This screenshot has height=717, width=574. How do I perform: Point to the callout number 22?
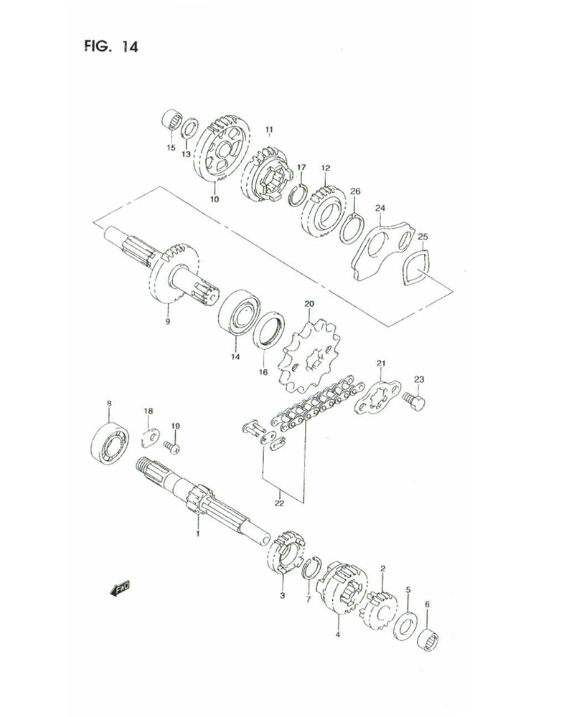[279, 503]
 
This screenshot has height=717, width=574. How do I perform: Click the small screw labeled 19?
[173, 447]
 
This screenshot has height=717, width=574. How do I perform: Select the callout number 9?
[167, 323]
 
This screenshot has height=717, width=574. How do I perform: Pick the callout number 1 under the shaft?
[200, 533]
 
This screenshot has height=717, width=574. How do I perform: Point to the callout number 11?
[269, 130]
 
